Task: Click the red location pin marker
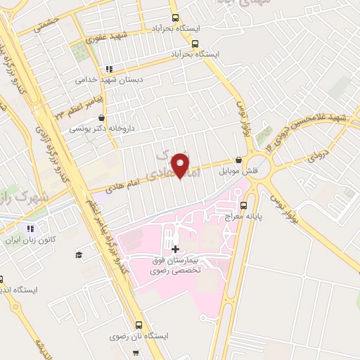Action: [182, 165]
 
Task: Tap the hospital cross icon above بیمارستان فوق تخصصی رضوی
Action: [175, 249]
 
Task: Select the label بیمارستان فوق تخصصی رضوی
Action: [174, 265]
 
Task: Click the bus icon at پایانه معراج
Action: [244, 206]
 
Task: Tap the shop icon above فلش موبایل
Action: [239, 160]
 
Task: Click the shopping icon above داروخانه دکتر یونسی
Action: [104, 117]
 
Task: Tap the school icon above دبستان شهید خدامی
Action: [108, 69]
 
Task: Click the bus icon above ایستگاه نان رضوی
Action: [139, 326]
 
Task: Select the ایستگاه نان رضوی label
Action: [139, 337]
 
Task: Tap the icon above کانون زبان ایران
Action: [30, 229]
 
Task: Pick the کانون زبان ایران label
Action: [30, 240]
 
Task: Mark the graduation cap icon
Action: [79, 254]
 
